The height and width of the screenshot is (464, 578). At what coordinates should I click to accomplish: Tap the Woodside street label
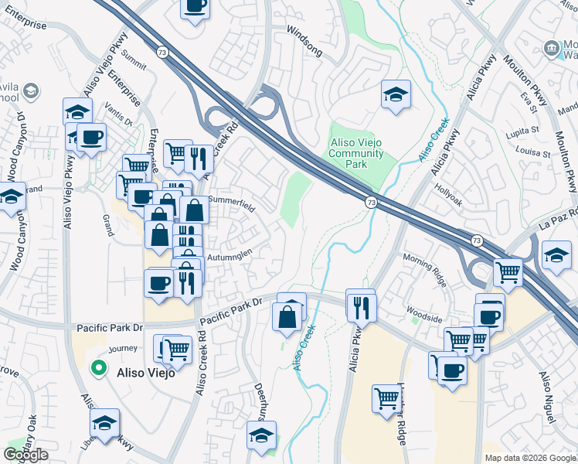click(x=425, y=318)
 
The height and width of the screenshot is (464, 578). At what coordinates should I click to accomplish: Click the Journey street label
click(x=122, y=349)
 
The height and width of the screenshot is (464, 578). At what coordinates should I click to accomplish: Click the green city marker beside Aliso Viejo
click(x=98, y=368)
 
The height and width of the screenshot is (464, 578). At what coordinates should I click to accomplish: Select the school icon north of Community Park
click(x=396, y=94)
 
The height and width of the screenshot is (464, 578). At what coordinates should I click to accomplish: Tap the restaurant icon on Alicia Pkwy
click(x=361, y=306)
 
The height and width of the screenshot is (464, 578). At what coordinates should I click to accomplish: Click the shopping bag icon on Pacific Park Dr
click(x=287, y=316)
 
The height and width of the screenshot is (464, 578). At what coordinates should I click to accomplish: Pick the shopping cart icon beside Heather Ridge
click(x=386, y=399)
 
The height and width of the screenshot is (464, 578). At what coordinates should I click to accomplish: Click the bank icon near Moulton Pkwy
click(x=552, y=48)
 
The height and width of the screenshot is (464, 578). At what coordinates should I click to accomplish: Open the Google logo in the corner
click(x=25, y=455)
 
